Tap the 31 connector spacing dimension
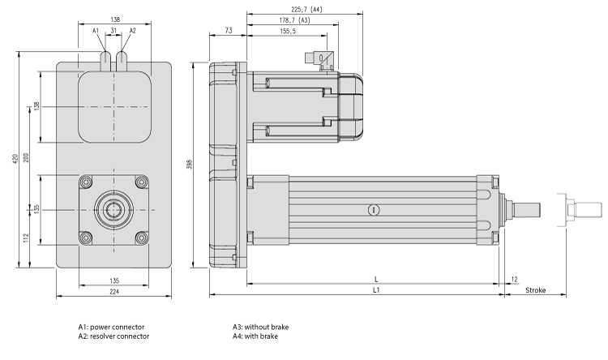point(114,31)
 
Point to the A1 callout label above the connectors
point(96,31)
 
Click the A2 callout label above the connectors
point(132,31)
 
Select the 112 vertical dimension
point(27,238)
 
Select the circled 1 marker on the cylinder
point(373,210)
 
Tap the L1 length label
point(376,290)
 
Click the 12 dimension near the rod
point(516,280)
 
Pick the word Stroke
point(536,290)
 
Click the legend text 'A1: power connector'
point(110,328)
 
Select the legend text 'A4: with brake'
point(255,336)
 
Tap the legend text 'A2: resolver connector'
point(113,336)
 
